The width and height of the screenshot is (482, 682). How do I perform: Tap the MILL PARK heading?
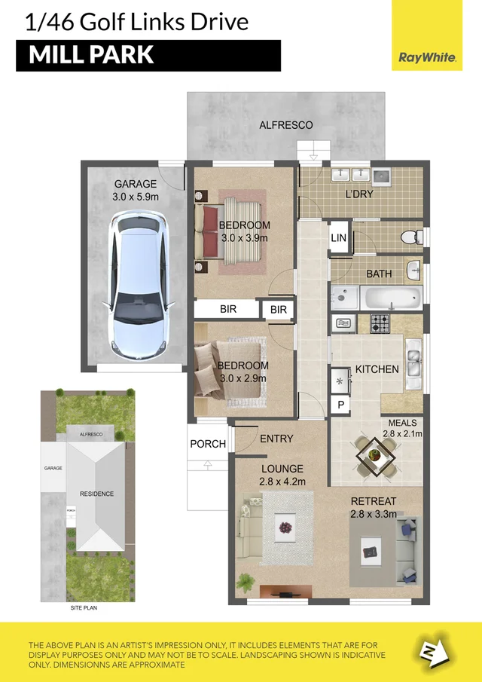click(91, 55)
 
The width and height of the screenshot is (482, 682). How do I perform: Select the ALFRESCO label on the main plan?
click(285, 125)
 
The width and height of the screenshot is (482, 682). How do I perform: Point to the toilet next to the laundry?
click(410, 237)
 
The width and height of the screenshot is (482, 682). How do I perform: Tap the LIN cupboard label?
click(339, 238)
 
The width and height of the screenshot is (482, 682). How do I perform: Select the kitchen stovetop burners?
click(379, 324)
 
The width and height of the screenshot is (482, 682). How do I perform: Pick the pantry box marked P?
click(340, 405)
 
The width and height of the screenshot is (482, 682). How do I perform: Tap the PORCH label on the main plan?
click(207, 444)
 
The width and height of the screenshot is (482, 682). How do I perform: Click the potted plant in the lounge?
click(244, 581)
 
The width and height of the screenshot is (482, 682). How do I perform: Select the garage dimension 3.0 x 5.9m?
click(136, 197)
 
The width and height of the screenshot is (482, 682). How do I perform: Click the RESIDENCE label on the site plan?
click(96, 494)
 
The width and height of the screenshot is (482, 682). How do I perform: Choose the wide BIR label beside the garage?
click(228, 309)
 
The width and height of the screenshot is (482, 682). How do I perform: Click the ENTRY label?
click(276, 439)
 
